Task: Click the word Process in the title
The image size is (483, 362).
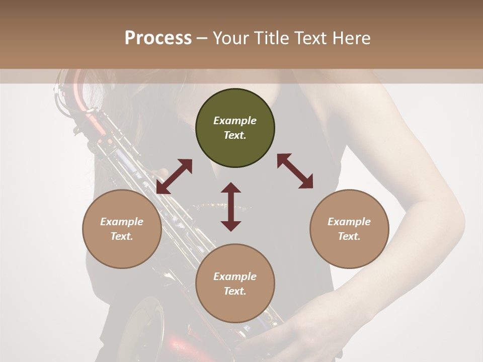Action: (x=158, y=38)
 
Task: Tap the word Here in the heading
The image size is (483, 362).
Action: (x=352, y=38)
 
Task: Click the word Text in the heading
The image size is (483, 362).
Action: (x=310, y=38)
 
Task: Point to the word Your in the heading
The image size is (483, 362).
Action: (x=231, y=38)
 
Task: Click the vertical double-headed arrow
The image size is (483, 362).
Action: (x=231, y=207)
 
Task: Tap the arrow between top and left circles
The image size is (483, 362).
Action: (x=174, y=176)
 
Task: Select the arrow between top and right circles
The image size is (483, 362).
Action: (x=295, y=171)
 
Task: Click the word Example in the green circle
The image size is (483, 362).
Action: (x=235, y=121)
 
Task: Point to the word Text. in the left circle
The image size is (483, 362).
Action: (x=122, y=236)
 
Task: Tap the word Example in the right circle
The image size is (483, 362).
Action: (x=349, y=222)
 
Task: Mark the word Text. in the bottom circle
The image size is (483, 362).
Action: (x=235, y=291)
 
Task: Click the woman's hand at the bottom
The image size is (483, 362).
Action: (x=282, y=342)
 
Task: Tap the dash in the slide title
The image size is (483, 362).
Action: (x=202, y=38)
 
